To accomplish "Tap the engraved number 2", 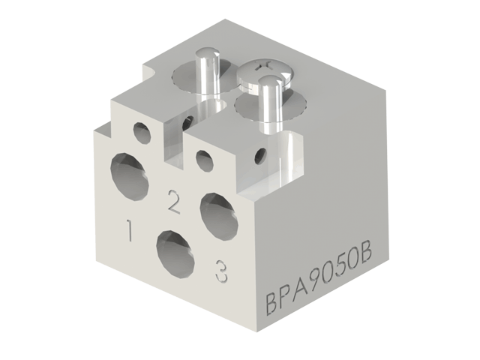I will click(x=173, y=201).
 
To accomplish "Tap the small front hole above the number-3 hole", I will click(x=202, y=158).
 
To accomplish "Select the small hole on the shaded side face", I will click(x=259, y=156).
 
